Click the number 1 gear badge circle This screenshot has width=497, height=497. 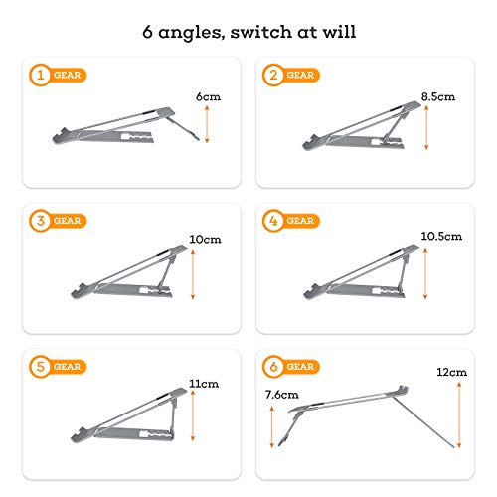(x=40, y=75)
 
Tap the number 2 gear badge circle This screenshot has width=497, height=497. (x=273, y=75)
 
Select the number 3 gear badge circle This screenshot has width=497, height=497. (x=40, y=221)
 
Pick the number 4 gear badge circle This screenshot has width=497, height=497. (x=273, y=221)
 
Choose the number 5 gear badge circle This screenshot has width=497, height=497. (x=40, y=367)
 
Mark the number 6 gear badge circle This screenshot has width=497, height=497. (x=273, y=367)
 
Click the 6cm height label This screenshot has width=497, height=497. (x=208, y=96)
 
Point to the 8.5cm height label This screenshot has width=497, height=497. (x=438, y=96)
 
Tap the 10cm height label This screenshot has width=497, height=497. (x=205, y=239)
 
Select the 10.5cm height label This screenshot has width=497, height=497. (x=441, y=236)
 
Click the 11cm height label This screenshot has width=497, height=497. (x=204, y=384)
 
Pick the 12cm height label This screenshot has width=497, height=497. (x=452, y=372)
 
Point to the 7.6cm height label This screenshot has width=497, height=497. (x=282, y=395)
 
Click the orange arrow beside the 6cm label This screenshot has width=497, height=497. (x=207, y=124)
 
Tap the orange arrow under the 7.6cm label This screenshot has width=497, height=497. (x=272, y=427)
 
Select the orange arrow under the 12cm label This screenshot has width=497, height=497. (x=459, y=415)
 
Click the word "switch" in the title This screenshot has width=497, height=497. (x=260, y=32)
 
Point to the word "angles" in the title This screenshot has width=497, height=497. (x=190, y=33)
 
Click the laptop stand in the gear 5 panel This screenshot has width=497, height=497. (x=128, y=415)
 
